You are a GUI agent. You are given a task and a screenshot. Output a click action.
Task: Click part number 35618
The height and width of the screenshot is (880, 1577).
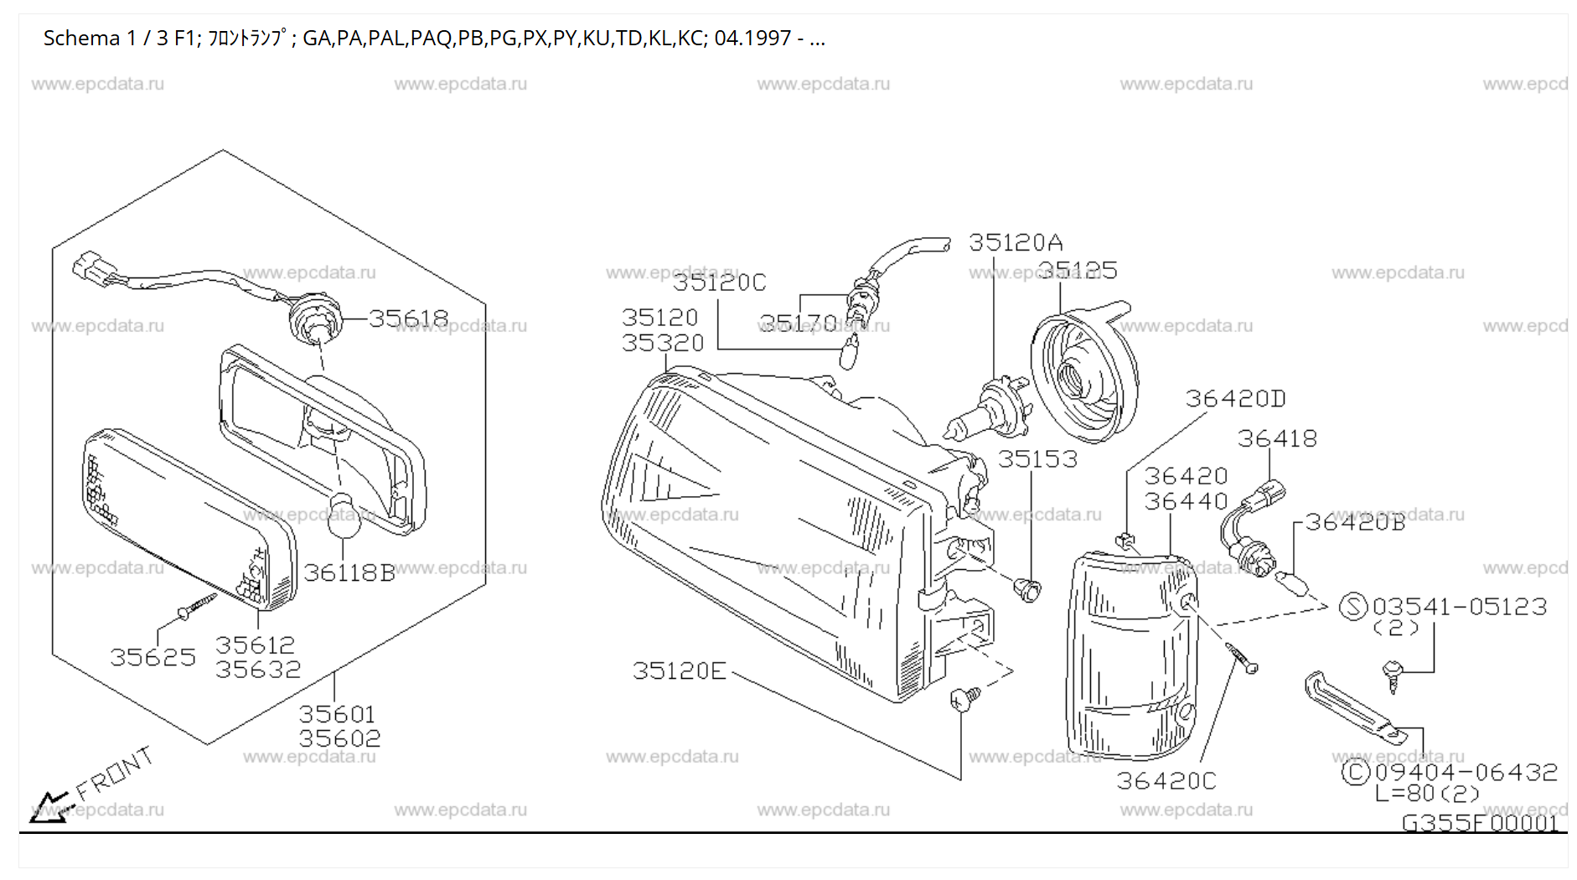coord(408,318)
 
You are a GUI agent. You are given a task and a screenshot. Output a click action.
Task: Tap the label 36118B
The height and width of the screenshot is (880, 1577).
coord(349,572)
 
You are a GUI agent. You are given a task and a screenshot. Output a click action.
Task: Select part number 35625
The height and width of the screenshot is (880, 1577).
coord(153,657)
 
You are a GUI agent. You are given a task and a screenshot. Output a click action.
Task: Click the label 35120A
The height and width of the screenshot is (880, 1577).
coord(1016,243)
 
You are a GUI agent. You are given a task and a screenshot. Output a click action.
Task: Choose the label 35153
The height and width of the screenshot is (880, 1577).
coord(1037,459)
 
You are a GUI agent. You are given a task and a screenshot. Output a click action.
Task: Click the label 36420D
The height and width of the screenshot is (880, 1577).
coord(1234,399)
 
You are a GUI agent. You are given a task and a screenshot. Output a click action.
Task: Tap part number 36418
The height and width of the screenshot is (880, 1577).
coord(1277,438)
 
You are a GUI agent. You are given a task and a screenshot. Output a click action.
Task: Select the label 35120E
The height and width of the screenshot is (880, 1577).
coord(680,671)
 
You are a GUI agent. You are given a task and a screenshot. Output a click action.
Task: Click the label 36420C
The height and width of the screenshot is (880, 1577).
coord(1166,781)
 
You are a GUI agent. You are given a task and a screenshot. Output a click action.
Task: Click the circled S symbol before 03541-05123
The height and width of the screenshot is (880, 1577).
coord(1353,606)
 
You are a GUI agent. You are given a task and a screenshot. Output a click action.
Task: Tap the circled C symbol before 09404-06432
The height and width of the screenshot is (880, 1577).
coord(1355,772)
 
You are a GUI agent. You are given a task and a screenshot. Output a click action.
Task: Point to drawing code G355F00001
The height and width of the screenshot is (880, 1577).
coord(1480,823)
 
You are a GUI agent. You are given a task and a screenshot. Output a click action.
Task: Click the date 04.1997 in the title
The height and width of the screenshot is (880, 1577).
coord(752,39)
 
